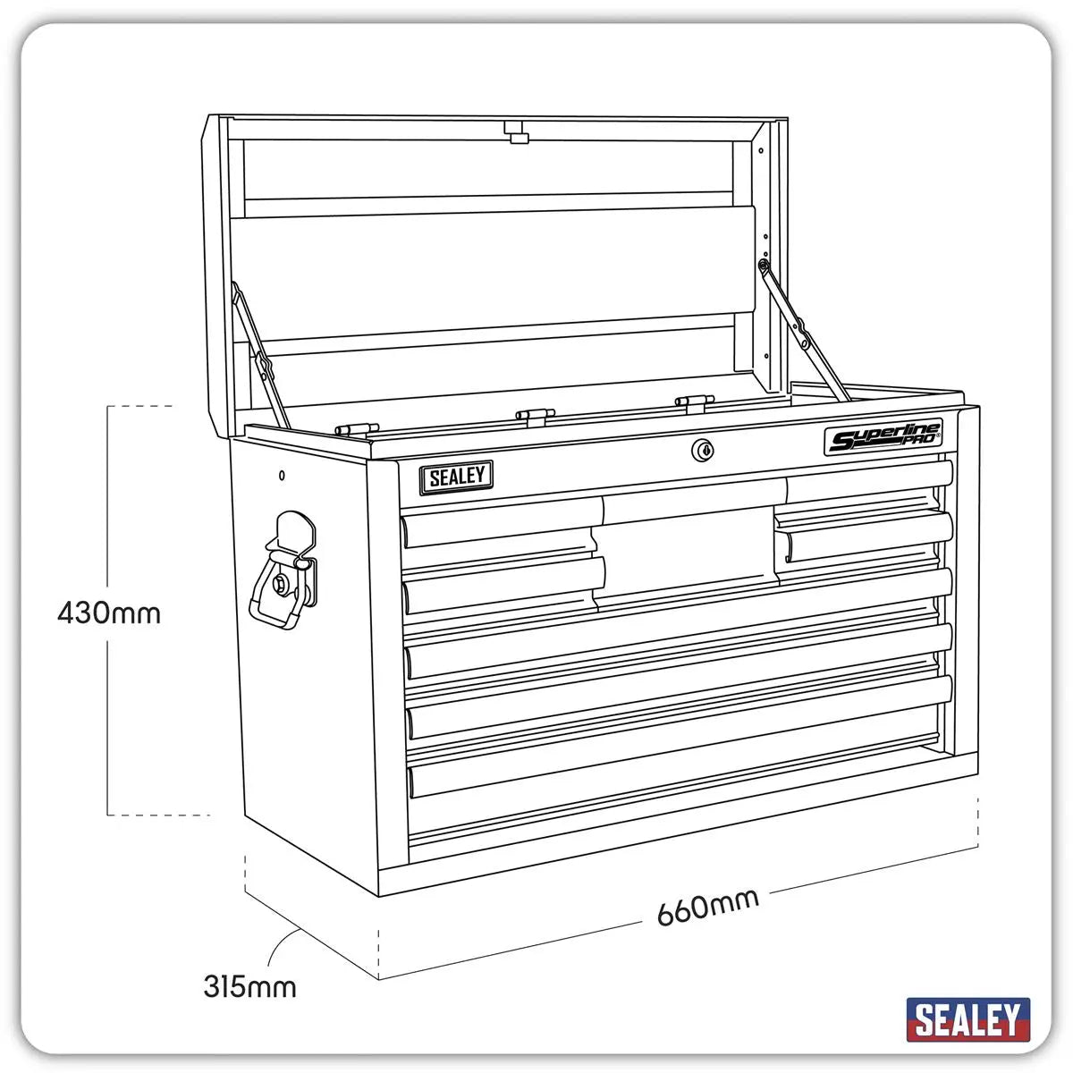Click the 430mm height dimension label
[109, 613]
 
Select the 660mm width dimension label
[707, 907]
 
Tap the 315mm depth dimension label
[249, 987]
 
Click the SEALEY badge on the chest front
[457, 477]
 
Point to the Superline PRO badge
[883, 439]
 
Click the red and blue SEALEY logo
[967, 1019]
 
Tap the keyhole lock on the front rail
[703, 451]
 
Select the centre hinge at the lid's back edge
[532, 414]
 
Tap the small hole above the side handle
[282, 475]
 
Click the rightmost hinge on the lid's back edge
[692, 402]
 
